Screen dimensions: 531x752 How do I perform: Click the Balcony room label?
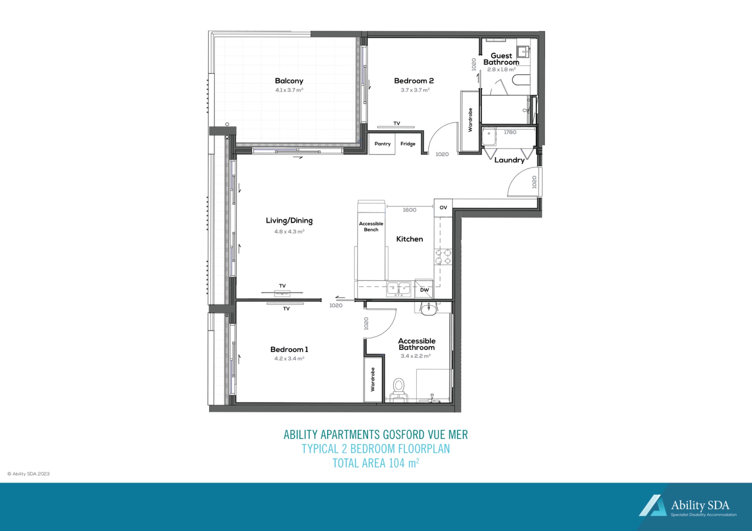coord(289,81)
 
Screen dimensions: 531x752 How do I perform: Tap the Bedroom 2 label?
coord(414,81)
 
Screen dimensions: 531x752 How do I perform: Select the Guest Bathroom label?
coord(501,59)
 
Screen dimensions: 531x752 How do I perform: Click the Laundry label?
coord(509,160)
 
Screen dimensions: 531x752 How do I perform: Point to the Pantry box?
coord(382,144)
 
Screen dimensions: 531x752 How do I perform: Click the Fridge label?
coord(408,144)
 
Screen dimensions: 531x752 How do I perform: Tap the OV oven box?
coord(443,208)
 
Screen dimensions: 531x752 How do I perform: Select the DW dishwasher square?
coord(424,290)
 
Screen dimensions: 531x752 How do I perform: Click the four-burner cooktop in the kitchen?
coord(443,257)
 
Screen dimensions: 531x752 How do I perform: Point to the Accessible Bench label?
coord(371,227)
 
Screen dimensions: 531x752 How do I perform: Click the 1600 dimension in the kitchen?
coord(409,210)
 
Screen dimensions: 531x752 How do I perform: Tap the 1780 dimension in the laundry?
coord(510,132)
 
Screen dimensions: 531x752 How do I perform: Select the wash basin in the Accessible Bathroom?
coord(429,309)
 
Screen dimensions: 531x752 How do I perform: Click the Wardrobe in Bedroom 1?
coord(373,379)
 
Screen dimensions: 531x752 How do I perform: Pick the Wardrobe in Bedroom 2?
coord(470,120)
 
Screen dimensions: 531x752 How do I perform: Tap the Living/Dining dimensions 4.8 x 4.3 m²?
coord(289,231)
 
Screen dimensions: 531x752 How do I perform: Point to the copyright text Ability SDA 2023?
coord(29,474)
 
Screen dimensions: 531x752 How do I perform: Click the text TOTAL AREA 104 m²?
coord(376,463)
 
